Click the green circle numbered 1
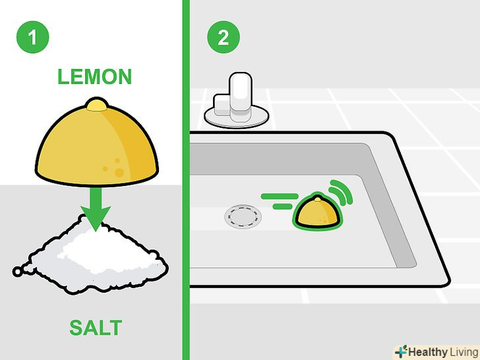[x=33, y=37]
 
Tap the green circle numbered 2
[x=224, y=37]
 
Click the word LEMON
[x=94, y=76]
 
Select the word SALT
[x=96, y=328]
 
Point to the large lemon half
[x=97, y=144]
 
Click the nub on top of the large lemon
[x=97, y=104]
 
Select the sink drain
[x=243, y=217]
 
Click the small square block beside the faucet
[x=222, y=105]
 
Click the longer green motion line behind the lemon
[x=280, y=196]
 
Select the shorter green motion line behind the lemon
[x=283, y=206]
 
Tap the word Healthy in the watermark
[x=427, y=351]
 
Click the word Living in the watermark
[x=464, y=352]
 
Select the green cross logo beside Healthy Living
[x=402, y=351]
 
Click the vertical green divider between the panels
[x=186, y=180]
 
